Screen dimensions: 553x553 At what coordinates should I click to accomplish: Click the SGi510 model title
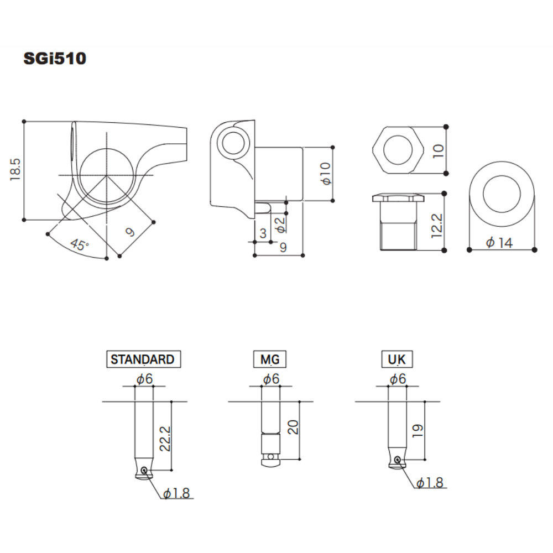click(55, 59)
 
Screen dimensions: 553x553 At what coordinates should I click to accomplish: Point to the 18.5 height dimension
click(15, 170)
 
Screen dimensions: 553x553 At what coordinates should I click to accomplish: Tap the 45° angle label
click(79, 245)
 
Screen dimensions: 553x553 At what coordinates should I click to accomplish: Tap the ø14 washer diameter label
click(499, 242)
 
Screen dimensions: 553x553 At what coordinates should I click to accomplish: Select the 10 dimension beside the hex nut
click(439, 150)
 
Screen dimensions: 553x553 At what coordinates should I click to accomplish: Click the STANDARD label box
click(143, 359)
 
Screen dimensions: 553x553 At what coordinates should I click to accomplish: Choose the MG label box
click(270, 359)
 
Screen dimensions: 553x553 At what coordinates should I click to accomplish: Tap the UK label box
click(397, 359)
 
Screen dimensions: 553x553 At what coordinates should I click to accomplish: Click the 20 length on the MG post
click(293, 427)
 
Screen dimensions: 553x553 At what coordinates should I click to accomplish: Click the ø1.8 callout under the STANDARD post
click(176, 493)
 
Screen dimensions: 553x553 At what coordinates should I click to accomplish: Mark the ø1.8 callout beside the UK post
click(430, 483)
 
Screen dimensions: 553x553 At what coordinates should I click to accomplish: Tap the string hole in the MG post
click(269, 457)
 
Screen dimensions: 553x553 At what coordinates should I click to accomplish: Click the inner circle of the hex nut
click(398, 150)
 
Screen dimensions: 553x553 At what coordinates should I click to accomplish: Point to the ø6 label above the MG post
click(271, 379)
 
